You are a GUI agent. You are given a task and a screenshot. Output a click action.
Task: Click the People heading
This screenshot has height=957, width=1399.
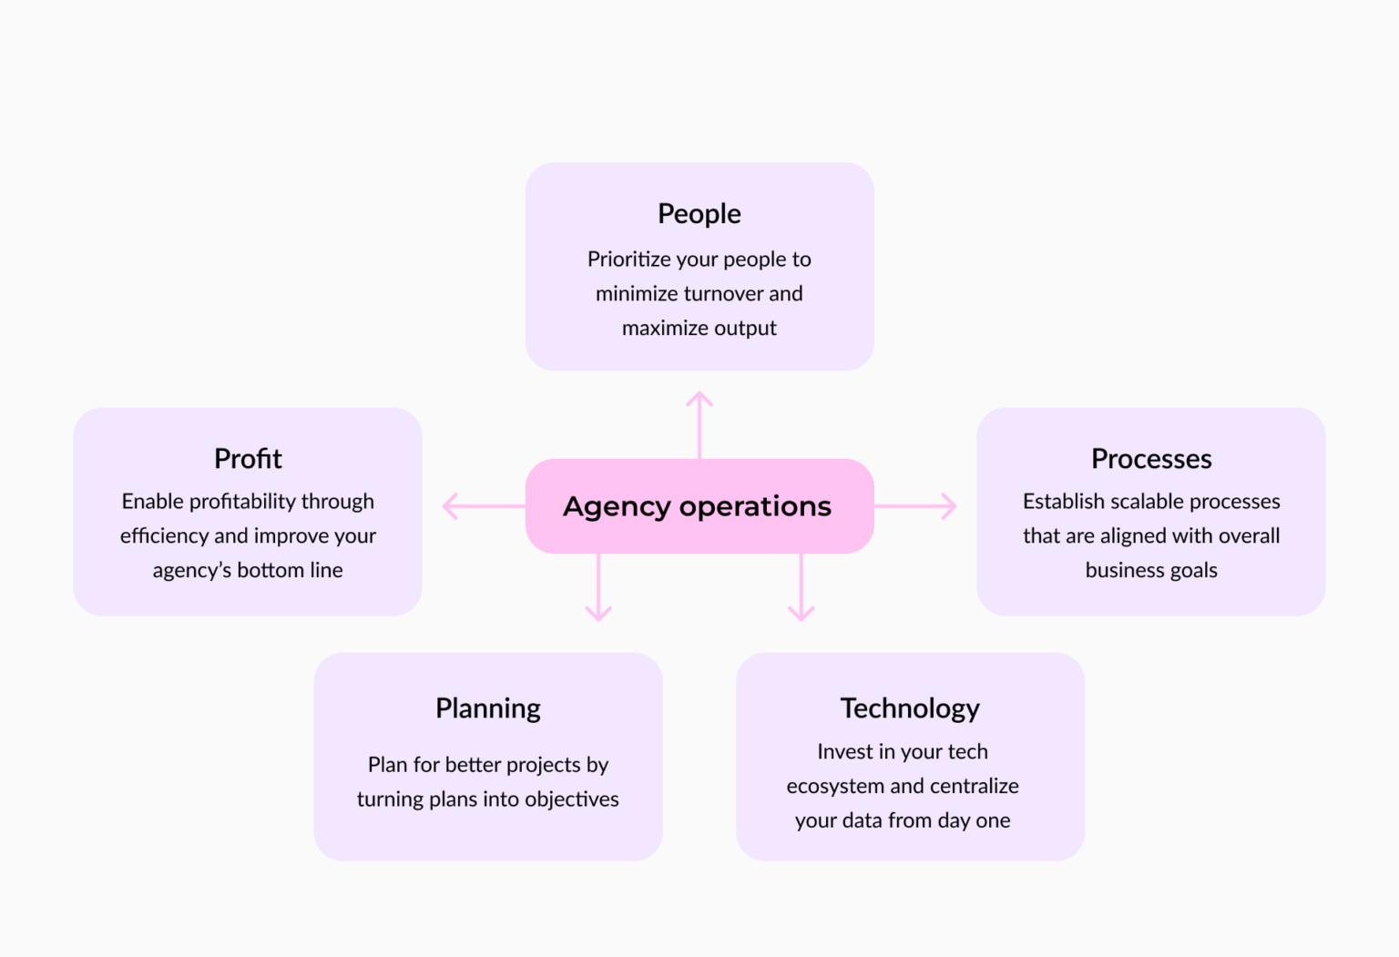point(699,214)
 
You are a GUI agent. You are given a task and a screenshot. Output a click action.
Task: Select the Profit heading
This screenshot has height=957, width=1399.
point(248,459)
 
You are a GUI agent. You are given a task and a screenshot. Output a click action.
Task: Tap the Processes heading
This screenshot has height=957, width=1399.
point(1151,459)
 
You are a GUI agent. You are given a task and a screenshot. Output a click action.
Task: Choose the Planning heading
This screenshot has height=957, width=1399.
point(488,708)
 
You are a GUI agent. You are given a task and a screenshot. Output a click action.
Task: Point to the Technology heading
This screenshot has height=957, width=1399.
point(910,708)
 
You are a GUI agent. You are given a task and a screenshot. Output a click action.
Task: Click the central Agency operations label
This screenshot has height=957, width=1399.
point(698,506)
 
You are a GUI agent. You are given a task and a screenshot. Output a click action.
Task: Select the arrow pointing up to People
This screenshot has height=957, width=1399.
point(699,424)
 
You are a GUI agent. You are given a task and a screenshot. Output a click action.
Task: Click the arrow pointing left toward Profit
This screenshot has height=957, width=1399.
point(481,506)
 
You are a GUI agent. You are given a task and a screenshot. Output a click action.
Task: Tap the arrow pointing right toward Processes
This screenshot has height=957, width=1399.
point(916,506)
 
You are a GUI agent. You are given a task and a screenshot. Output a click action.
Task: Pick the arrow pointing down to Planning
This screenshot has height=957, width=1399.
point(598,588)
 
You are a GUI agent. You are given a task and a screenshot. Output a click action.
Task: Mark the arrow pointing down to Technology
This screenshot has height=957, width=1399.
point(802,588)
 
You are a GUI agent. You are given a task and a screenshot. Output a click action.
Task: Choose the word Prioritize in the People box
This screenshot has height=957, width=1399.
point(629,260)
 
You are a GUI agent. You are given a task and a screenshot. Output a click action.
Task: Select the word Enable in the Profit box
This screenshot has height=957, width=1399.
point(152,502)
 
